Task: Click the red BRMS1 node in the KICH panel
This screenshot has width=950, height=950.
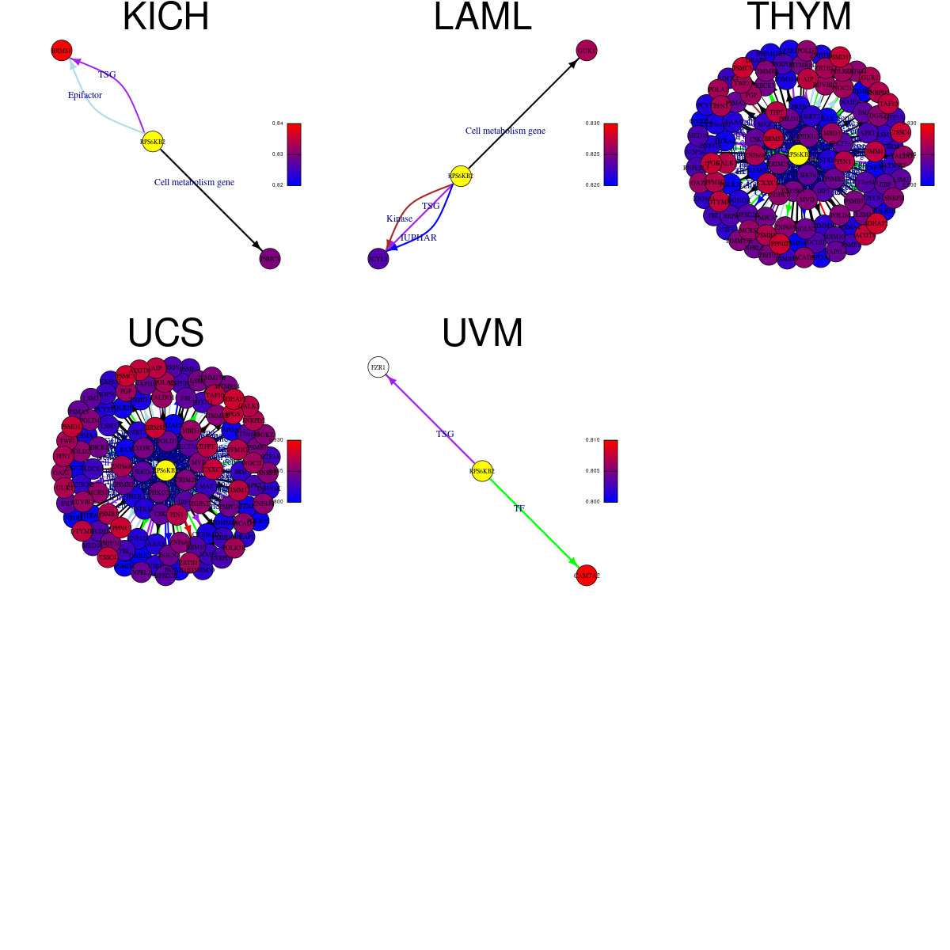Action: tap(62, 51)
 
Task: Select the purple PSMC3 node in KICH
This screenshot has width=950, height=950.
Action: tap(270, 258)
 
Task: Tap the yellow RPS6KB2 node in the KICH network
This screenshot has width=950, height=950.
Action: tap(153, 142)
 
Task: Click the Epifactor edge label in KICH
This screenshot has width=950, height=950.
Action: tap(85, 95)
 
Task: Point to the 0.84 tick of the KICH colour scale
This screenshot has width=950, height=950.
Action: tap(278, 123)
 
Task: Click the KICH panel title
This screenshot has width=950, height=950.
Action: tap(165, 17)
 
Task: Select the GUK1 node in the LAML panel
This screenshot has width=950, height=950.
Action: tap(587, 51)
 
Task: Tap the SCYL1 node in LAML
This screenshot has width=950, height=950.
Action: tap(378, 258)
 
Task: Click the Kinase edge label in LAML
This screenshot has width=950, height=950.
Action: tap(399, 218)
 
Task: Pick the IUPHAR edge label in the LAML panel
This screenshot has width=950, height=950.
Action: tap(418, 237)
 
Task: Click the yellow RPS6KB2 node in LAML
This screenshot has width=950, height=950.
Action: tap(461, 176)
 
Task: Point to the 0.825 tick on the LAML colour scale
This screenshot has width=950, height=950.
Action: tap(593, 154)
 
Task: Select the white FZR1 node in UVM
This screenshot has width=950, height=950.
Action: tap(378, 367)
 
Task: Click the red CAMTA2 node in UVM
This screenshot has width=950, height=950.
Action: tap(587, 576)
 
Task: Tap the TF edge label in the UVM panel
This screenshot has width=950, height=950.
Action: tap(519, 508)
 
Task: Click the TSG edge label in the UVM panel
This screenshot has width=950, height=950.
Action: tap(445, 434)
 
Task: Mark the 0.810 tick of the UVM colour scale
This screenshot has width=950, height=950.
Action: tap(593, 440)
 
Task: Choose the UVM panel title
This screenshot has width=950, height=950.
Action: tap(482, 333)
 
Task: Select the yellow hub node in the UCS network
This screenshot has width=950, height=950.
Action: tap(165, 470)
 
